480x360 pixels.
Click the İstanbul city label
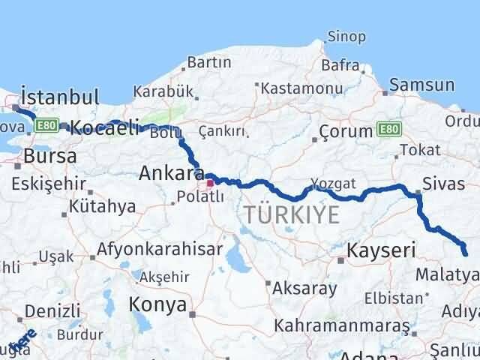coord(60,97)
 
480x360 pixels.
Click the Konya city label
coord(157,304)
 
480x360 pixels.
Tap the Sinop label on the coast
coord(346,37)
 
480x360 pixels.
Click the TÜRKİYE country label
coord(291,215)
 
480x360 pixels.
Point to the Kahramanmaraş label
coord(342,326)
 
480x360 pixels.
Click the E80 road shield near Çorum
coord(388,130)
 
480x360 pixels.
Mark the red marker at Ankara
coord(211,182)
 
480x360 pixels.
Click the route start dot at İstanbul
coord(16,109)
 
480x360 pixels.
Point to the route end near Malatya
coord(465,253)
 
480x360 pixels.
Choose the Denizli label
coord(52,310)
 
